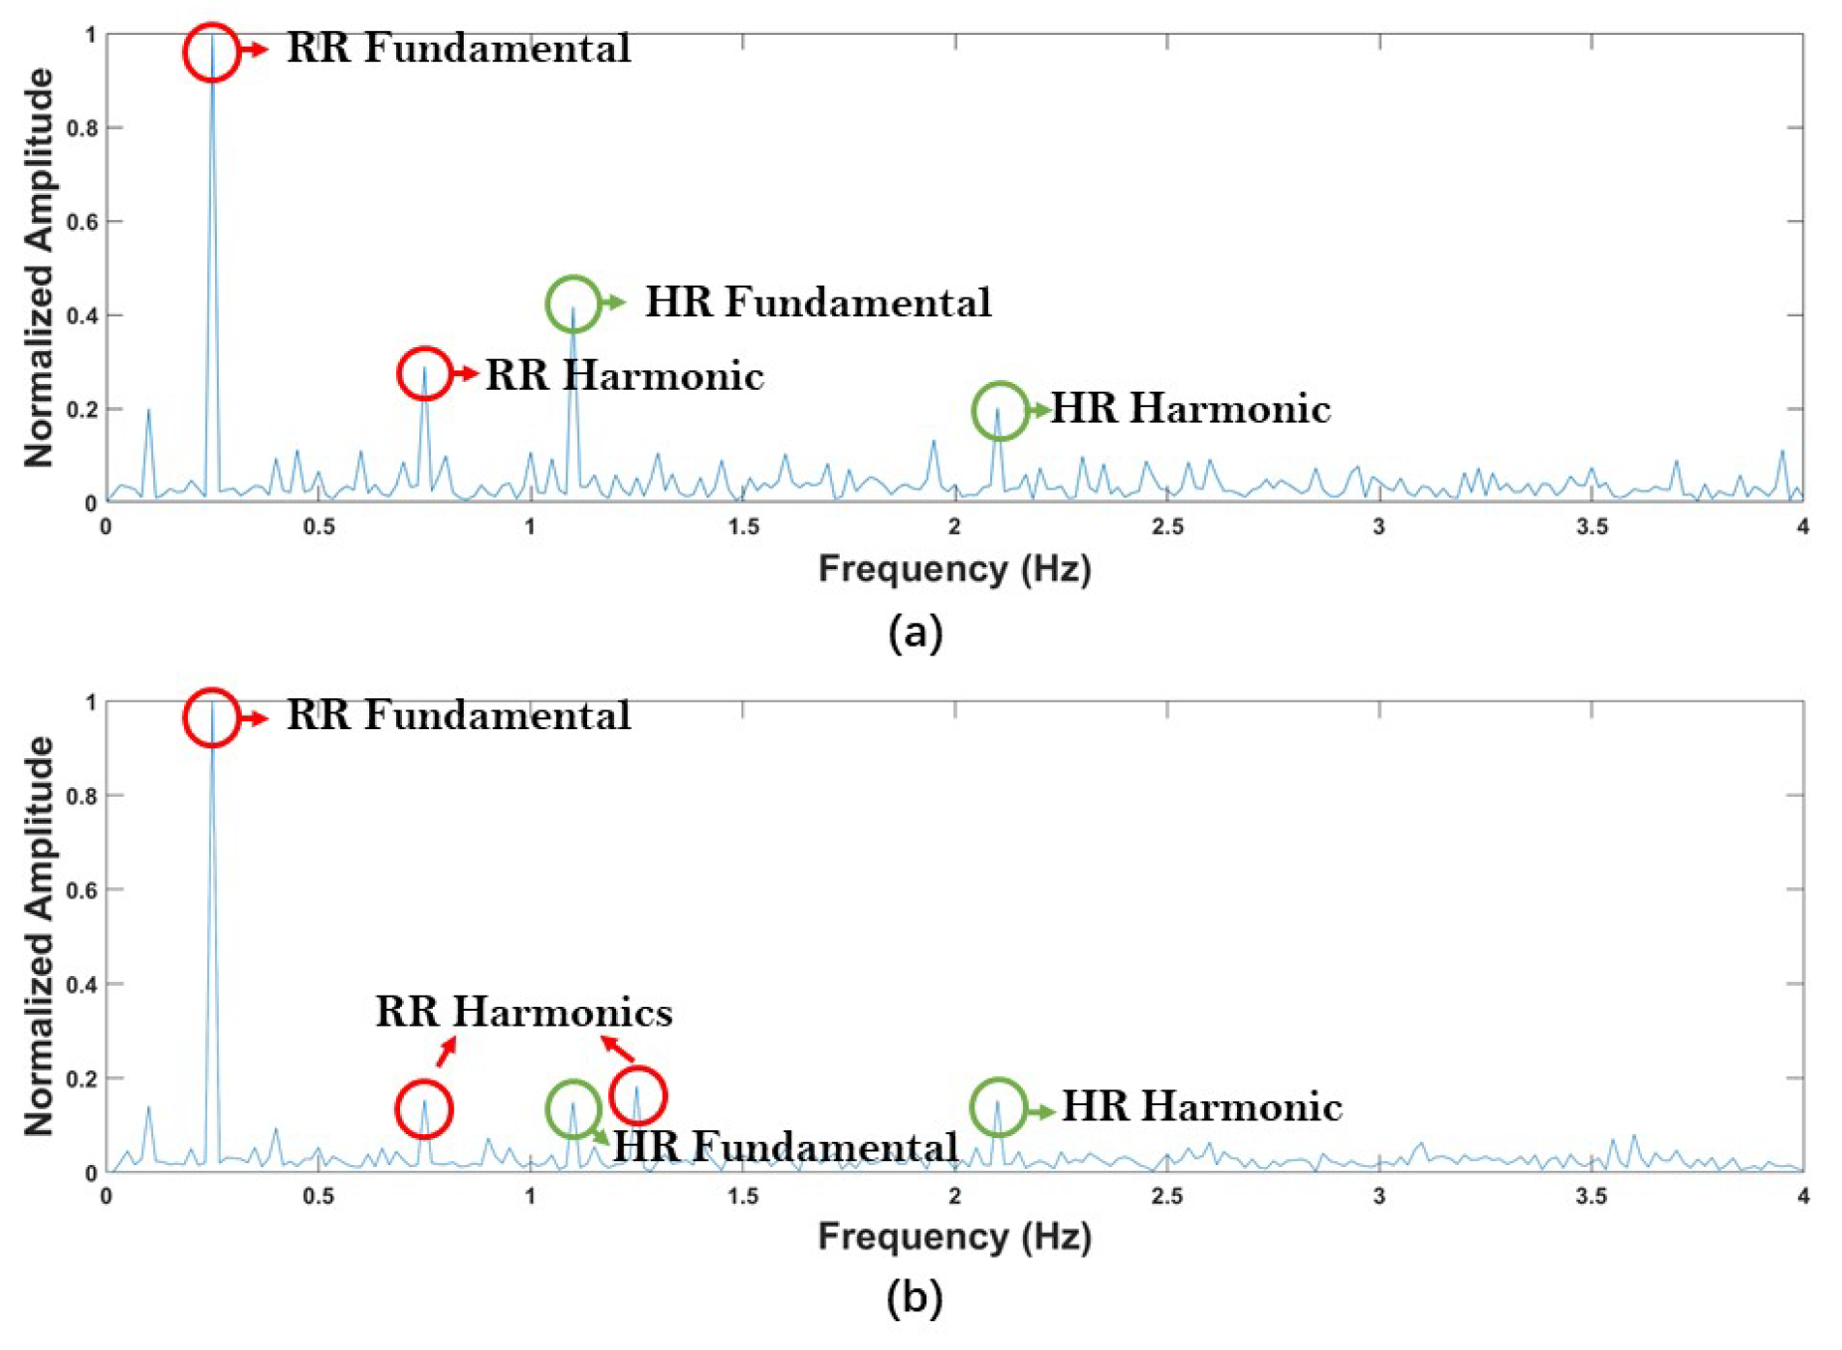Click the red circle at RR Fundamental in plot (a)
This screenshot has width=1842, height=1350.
[211, 52]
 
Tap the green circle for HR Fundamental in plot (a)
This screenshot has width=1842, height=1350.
[573, 303]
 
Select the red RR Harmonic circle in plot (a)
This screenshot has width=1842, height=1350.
[425, 374]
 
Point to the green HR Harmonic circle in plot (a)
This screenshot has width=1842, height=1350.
[999, 410]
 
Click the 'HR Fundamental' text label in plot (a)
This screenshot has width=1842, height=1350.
[818, 302]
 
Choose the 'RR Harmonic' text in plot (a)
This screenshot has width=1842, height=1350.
[624, 376]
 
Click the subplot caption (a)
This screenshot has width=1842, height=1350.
[915, 633]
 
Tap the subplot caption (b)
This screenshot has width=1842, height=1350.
[915, 1297]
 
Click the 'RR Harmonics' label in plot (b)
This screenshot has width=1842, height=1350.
[523, 1013]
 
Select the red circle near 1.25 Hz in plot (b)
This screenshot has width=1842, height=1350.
[637, 1095]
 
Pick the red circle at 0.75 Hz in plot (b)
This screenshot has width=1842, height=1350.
[424, 1108]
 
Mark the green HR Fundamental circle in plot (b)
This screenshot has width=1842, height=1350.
[573, 1108]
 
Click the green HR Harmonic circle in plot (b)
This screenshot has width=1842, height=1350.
[998, 1106]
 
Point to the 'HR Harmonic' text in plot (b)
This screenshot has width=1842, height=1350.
[1202, 1107]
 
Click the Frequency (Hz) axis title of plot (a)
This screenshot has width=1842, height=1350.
[954, 569]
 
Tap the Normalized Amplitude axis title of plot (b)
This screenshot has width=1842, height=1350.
[40, 936]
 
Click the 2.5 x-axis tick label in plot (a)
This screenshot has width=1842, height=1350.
[1167, 527]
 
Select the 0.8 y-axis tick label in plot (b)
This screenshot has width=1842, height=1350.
[83, 796]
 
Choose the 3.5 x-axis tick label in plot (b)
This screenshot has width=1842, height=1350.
[1591, 1196]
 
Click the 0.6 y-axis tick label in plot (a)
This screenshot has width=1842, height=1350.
[83, 222]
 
